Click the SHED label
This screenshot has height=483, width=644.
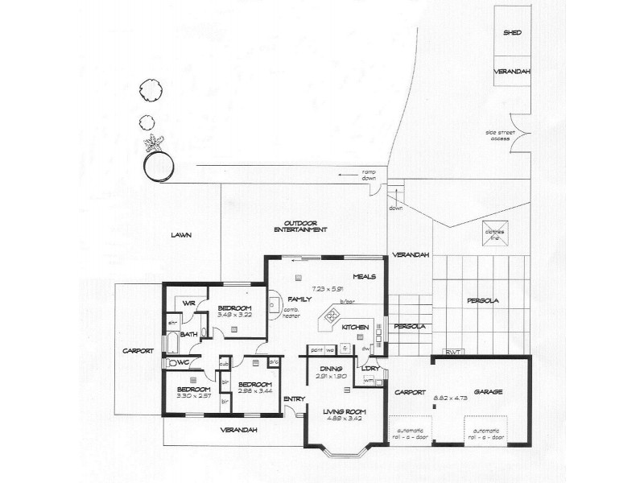(x=512, y=33)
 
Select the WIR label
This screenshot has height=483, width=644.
(x=189, y=303)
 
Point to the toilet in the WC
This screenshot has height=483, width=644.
(x=173, y=363)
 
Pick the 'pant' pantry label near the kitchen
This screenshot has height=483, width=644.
(x=316, y=350)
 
